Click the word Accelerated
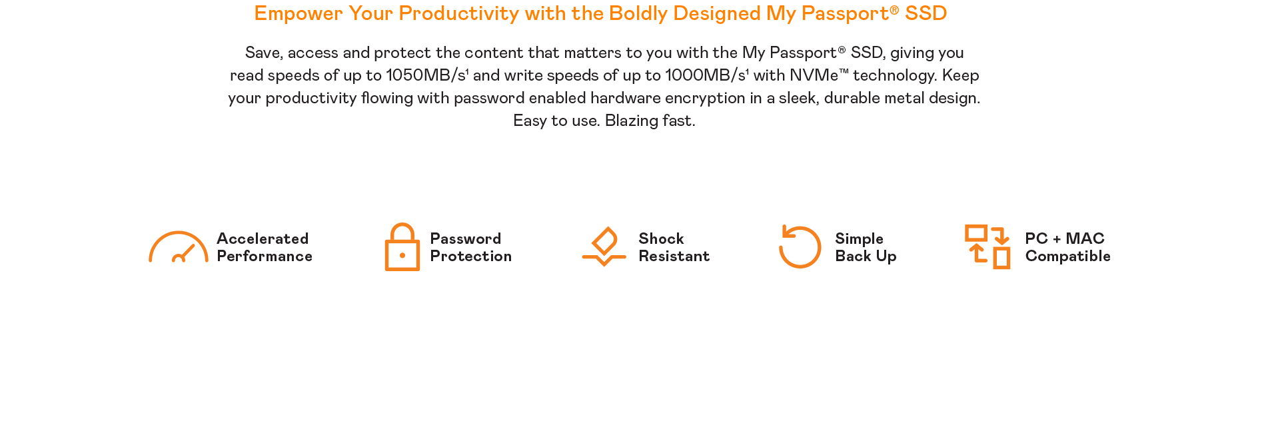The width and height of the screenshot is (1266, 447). (263, 238)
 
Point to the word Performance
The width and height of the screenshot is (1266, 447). (265, 256)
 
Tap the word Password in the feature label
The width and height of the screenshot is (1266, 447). (466, 238)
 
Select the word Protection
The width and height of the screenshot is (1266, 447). (471, 256)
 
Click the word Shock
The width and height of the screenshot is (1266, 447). (661, 238)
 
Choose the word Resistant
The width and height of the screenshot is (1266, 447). (674, 256)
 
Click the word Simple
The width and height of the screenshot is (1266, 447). (860, 239)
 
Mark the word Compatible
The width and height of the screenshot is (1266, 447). (1068, 256)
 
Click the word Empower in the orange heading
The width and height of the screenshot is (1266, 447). (299, 14)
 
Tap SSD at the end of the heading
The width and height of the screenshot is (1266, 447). (926, 13)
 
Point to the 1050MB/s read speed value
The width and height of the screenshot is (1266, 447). (426, 75)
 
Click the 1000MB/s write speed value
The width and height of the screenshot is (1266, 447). (706, 75)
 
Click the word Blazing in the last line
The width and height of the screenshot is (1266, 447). (632, 121)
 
